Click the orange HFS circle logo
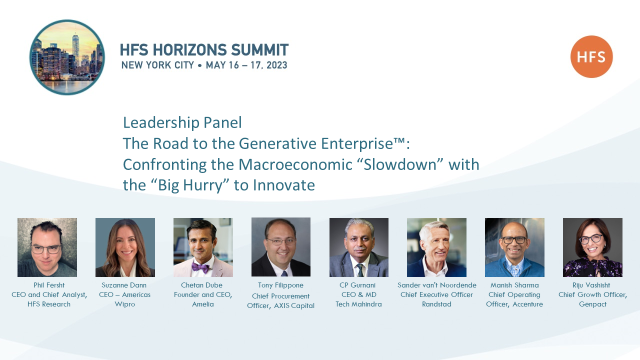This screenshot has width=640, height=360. (591, 56)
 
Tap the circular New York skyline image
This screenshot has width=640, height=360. (67, 57)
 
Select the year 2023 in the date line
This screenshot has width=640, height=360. (276, 65)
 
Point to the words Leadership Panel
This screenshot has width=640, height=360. (182, 122)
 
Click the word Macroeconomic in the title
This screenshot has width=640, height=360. (295, 164)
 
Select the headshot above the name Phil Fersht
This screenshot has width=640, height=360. (47, 247)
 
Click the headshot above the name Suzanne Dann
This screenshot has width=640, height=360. (125, 247)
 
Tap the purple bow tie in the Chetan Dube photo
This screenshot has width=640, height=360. (200, 267)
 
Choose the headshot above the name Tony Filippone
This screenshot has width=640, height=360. (281, 247)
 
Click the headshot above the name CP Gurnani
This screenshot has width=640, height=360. (359, 247)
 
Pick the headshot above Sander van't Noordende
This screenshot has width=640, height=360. (436, 247)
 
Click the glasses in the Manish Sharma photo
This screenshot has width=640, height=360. (514, 240)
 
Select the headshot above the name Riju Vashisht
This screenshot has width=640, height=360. (592, 247)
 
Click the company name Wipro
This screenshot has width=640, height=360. (125, 304)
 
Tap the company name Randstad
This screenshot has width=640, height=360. (436, 304)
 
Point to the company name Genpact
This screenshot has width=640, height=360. (592, 304)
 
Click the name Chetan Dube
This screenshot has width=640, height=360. (201, 285)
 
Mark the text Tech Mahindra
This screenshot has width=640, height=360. (358, 304)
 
